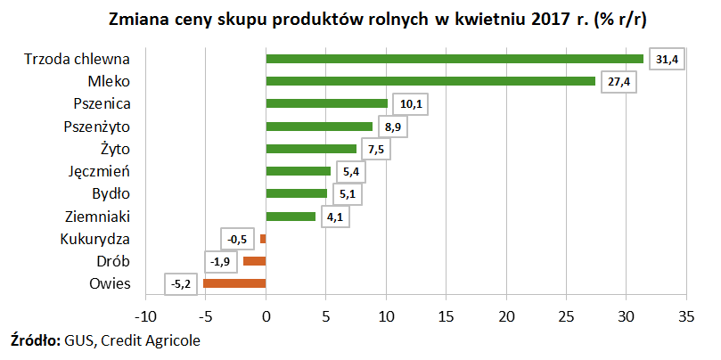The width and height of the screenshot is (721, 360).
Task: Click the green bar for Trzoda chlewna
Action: click(x=455, y=59)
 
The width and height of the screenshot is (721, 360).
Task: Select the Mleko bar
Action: click(x=430, y=81)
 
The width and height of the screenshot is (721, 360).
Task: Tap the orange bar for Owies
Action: click(x=234, y=283)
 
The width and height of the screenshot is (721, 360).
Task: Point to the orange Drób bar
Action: click(x=254, y=261)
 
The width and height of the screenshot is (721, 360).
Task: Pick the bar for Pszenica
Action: click(x=326, y=103)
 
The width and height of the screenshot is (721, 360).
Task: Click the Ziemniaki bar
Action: click(x=291, y=216)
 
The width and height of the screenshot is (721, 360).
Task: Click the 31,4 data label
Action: click(x=668, y=59)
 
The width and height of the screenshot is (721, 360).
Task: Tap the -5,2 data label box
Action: click(x=182, y=284)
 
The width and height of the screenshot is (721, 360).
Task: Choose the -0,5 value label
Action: click(x=237, y=239)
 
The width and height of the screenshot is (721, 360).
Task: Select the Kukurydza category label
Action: click(x=95, y=239)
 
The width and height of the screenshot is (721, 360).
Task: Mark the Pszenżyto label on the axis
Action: click(x=98, y=126)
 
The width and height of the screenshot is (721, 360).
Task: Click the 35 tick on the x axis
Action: click(x=686, y=315)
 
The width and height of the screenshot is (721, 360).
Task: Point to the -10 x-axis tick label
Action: click(x=144, y=315)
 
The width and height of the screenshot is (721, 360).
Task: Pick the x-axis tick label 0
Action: click(x=266, y=315)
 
